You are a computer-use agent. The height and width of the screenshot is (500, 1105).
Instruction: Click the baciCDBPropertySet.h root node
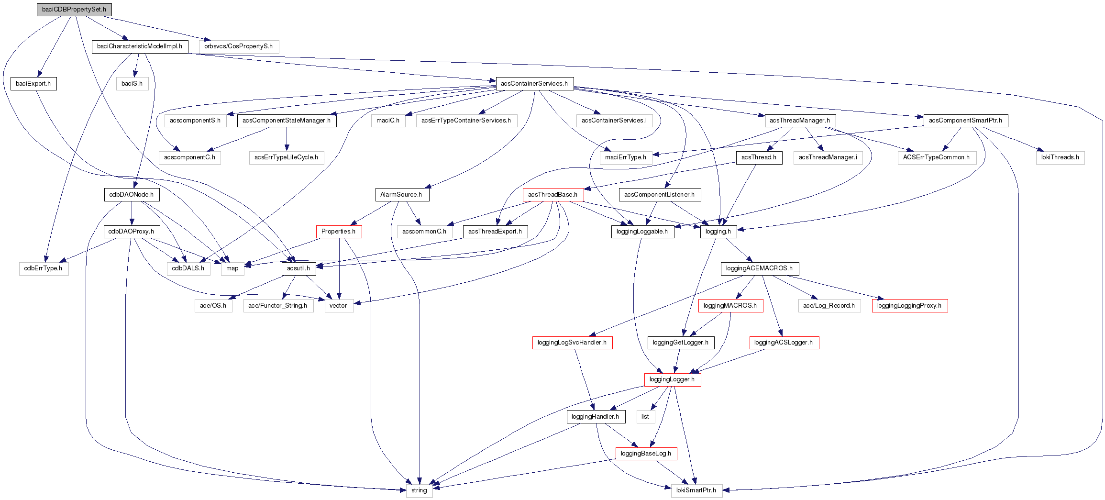point(74,10)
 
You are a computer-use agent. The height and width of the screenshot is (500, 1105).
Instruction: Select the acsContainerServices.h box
point(534,84)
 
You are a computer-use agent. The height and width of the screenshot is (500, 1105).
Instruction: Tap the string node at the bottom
point(419,490)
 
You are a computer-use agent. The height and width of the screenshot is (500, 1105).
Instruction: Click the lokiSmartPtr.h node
point(696,490)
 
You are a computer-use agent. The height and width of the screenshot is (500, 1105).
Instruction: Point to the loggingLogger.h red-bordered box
point(672,379)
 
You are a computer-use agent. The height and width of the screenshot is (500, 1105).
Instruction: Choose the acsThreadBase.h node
point(552,195)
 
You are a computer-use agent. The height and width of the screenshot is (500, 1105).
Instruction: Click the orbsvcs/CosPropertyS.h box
point(238,46)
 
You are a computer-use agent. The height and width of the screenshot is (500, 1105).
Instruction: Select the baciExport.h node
point(33,84)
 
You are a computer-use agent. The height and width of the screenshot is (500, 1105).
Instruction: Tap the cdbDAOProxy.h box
point(131,232)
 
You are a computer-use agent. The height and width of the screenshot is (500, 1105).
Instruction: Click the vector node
point(338,306)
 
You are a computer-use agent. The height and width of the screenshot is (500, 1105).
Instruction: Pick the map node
point(232,268)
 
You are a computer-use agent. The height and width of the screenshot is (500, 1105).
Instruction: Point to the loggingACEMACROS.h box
point(759,268)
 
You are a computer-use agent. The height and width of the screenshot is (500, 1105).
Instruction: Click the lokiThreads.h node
point(1060,157)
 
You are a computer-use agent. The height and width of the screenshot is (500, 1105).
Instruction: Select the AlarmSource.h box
point(401,195)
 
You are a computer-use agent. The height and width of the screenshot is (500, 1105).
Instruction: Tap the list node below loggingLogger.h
point(645,417)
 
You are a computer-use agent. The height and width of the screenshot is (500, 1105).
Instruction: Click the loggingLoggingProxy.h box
point(909,306)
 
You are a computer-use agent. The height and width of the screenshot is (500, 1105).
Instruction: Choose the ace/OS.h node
point(213,306)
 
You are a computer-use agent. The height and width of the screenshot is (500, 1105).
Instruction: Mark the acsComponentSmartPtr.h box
point(965,121)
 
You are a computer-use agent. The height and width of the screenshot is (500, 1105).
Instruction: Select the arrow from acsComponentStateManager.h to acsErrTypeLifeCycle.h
point(287,139)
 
